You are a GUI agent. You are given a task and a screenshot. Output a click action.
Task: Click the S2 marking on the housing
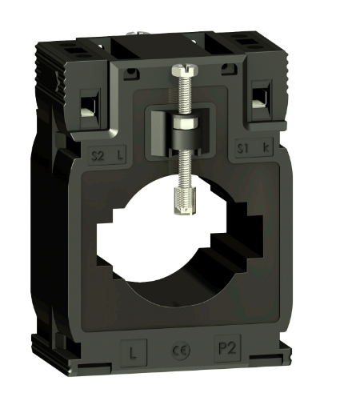(x=99, y=151)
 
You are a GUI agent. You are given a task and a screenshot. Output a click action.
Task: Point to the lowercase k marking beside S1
(x=265, y=150)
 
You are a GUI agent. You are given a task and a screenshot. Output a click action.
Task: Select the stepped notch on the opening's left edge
(x=108, y=233)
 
